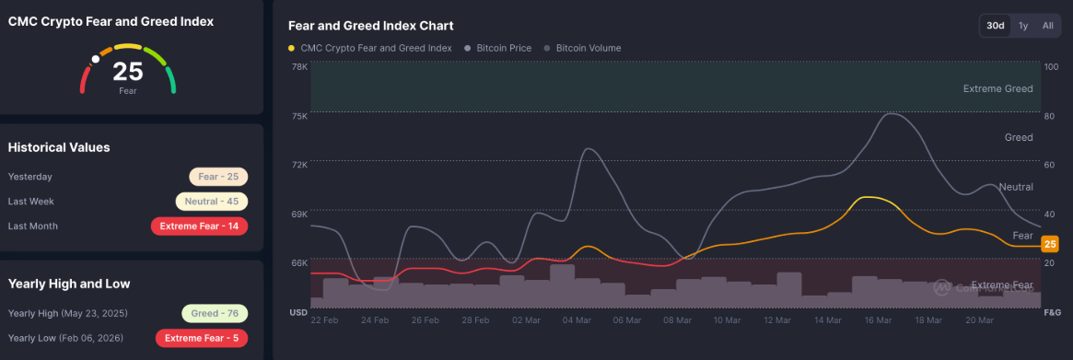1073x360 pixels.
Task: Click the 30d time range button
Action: pos(995,26)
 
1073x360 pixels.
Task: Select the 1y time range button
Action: pos(1023,26)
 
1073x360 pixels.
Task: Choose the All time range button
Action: pos(1047,26)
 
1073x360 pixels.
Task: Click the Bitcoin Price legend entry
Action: pos(503,48)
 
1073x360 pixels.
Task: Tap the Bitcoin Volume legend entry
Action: pos(587,48)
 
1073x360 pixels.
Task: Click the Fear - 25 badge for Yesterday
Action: pos(218,177)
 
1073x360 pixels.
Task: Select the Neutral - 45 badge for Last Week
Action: pos(212,202)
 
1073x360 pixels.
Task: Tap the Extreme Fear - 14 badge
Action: pos(199,226)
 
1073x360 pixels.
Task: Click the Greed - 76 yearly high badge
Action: pos(214,313)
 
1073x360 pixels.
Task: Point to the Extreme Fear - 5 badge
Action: pos(202,338)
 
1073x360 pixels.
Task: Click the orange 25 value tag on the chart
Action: pos(1049,244)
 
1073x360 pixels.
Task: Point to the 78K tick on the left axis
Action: pos(299,67)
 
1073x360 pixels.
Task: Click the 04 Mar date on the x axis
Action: pos(576,320)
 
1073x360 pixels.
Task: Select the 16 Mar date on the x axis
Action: pos(878,320)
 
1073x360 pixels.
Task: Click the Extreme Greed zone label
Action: pos(997,89)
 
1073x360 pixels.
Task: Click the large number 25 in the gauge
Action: pos(127,73)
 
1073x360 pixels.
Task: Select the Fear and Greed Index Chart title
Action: pos(370,26)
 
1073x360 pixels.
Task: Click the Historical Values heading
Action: pos(59,147)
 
